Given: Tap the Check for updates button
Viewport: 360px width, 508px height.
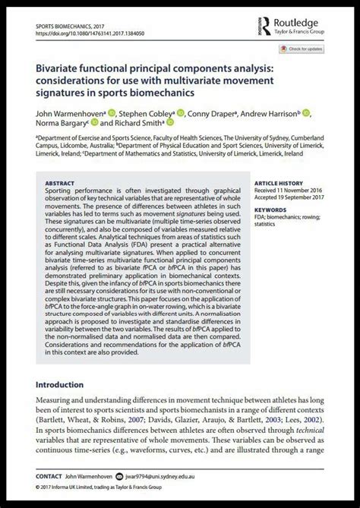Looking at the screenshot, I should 303,49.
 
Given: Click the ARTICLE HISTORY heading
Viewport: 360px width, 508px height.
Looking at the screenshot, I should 278,183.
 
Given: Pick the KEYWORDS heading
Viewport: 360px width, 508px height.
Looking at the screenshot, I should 270,209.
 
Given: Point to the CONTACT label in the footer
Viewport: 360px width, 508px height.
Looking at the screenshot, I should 49,476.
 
